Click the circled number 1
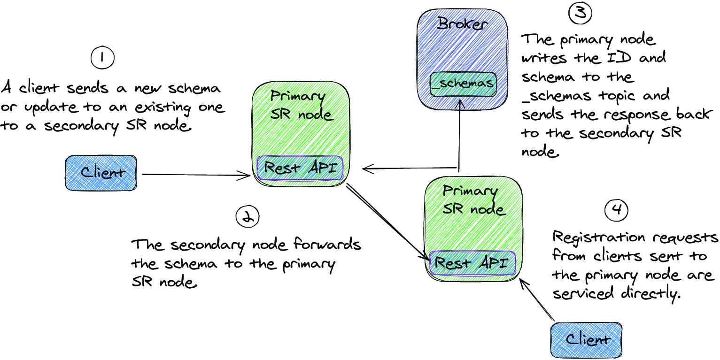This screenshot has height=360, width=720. pyautogui.click(x=102, y=57)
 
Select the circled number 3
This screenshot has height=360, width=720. pyautogui.click(x=580, y=13)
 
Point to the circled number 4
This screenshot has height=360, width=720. pyautogui.click(x=616, y=210)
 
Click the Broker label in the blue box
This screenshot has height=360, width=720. pyautogui.click(x=463, y=23)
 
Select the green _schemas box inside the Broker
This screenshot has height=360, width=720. pyautogui.click(x=463, y=84)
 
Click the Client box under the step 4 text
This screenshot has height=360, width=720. pyautogui.click(x=586, y=340)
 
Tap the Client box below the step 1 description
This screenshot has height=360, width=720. pyautogui.click(x=101, y=173)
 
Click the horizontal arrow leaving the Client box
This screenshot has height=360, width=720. pyautogui.click(x=196, y=175)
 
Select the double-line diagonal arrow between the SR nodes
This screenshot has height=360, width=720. pyautogui.click(x=387, y=222)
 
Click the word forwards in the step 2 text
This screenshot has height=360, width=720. pyautogui.click(x=327, y=244)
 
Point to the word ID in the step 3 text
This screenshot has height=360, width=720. pyautogui.click(x=619, y=57)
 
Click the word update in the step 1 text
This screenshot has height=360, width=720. pyautogui.click(x=51, y=108)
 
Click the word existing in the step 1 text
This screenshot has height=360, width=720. pyautogui.click(x=163, y=107)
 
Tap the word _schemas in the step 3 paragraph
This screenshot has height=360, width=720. pyautogui.click(x=557, y=96)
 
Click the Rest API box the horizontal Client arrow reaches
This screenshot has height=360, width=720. pyautogui.click(x=300, y=168)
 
